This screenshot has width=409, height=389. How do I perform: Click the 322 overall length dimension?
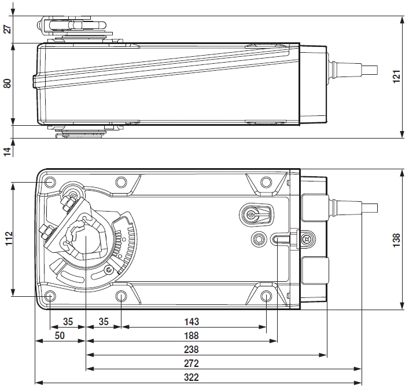pyautogui.click(x=191, y=377)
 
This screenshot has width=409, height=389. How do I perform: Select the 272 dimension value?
pyautogui.click(x=191, y=363)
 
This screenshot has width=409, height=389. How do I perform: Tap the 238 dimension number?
pyautogui.click(x=191, y=350)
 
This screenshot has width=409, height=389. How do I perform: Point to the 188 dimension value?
pyautogui.click(x=191, y=336)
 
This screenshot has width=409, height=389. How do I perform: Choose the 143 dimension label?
pyautogui.click(x=191, y=322)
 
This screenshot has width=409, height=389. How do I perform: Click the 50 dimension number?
pyautogui.click(x=60, y=336)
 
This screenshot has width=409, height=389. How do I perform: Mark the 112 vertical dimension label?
pyautogui.click(x=8, y=239)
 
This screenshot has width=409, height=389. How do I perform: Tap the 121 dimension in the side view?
pyautogui.click(x=396, y=77)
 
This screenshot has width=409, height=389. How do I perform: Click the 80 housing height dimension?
pyautogui.click(x=8, y=83)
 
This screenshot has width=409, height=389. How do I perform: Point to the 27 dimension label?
pyautogui.click(x=8, y=29)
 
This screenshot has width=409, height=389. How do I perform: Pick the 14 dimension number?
pyautogui.click(x=8, y=151)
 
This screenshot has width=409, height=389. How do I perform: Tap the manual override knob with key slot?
pyautogui.click(x=253, y=215)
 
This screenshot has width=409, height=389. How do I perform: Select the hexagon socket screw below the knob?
pyautogui.click(x=258, y=238)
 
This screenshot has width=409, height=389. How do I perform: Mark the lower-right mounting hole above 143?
pyautogui.click(x=266, y=297)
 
